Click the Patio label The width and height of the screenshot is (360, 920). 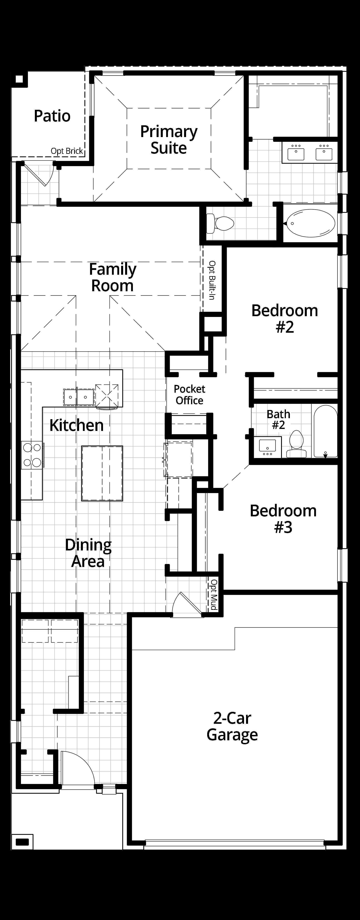click(52, 116)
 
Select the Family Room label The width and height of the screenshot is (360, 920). click(113, 278)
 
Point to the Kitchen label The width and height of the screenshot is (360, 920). click(77, 425)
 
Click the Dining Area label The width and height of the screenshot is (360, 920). click(88, 553)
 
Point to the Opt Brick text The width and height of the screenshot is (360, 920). click(67, 151)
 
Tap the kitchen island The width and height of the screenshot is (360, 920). click(102, 473)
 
